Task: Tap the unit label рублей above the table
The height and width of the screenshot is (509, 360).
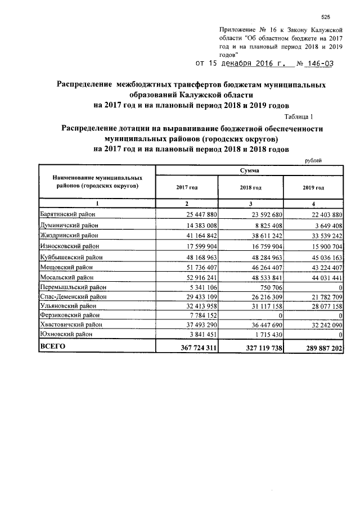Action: (x=313, y=161)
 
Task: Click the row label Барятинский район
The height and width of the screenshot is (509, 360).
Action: (x=68, y=214)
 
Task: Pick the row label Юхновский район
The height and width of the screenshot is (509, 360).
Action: (x=65, y=334)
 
